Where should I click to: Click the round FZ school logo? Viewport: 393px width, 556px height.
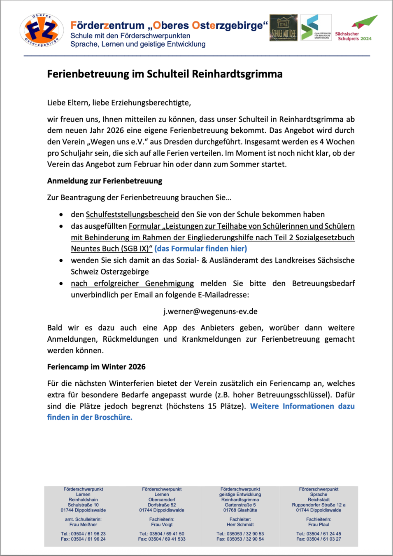click(x=42, y=30)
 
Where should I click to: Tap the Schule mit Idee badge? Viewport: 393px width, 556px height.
click(x=283, y=28)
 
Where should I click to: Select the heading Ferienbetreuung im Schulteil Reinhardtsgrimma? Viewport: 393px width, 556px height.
click(x=165, y=74)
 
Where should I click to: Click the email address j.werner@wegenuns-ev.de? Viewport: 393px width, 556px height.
click(x=210, y=312)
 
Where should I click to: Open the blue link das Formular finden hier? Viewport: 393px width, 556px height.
click(x=201, y=249)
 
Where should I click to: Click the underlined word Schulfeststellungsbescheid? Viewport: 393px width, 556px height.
click(x=132, y=214)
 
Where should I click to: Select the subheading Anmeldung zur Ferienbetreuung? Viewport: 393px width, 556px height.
click(x=105, y=181)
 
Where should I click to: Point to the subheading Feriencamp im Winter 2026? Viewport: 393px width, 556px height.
click(x=96, y=367)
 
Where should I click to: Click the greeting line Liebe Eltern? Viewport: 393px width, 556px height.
click(x=119, y=103)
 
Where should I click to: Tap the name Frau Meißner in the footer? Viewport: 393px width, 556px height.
click(x=83, y=525)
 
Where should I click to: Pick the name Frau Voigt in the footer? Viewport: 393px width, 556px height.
click(x=162, y=525)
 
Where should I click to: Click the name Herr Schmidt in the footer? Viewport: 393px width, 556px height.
click(x=240, y=525)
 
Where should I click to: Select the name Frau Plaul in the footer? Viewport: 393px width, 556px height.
click(x=319, y=525)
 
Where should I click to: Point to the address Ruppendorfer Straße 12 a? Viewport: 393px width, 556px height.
click(x=319, y=505)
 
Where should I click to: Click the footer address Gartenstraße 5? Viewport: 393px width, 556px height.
click(x=240, y=505)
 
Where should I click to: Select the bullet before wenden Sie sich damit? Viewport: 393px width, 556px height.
click(x=61, y=260)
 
